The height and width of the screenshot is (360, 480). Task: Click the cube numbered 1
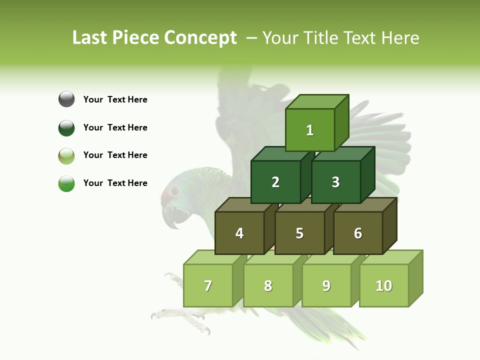(310, 130)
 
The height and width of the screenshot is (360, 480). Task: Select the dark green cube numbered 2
(275, 182)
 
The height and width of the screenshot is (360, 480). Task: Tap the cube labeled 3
(335, 182)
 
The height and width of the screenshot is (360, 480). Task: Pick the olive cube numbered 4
(239, 233)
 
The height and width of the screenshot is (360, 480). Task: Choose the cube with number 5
(299, 233)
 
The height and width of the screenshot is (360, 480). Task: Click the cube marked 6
(358, 233)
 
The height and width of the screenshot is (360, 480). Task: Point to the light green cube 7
(208, 285)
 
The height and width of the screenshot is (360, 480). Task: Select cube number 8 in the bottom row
(268, 285)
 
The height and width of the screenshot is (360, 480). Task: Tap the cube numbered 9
(326, 285)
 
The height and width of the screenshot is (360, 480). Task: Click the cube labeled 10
(383, 285)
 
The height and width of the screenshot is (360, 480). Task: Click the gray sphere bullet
(66, 99)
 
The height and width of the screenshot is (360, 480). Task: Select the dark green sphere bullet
(66, 127)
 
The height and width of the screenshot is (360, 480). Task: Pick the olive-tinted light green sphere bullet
(66, 155)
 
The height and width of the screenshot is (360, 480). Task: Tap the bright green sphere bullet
(66, 183)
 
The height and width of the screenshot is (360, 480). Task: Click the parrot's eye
(174, 191)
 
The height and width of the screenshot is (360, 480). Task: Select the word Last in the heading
(90, 38)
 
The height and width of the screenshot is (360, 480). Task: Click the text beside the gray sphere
(115, 99)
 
